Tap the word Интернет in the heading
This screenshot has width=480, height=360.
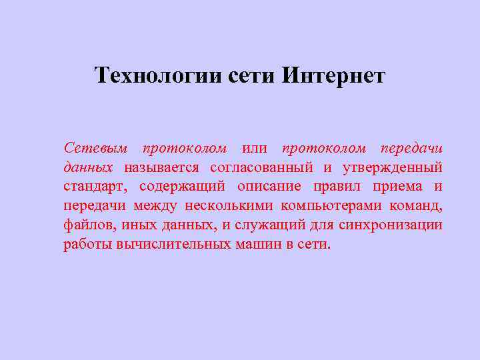(333, 75)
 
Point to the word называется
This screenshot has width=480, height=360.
(161, 167)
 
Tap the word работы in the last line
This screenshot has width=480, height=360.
(87, 244)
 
